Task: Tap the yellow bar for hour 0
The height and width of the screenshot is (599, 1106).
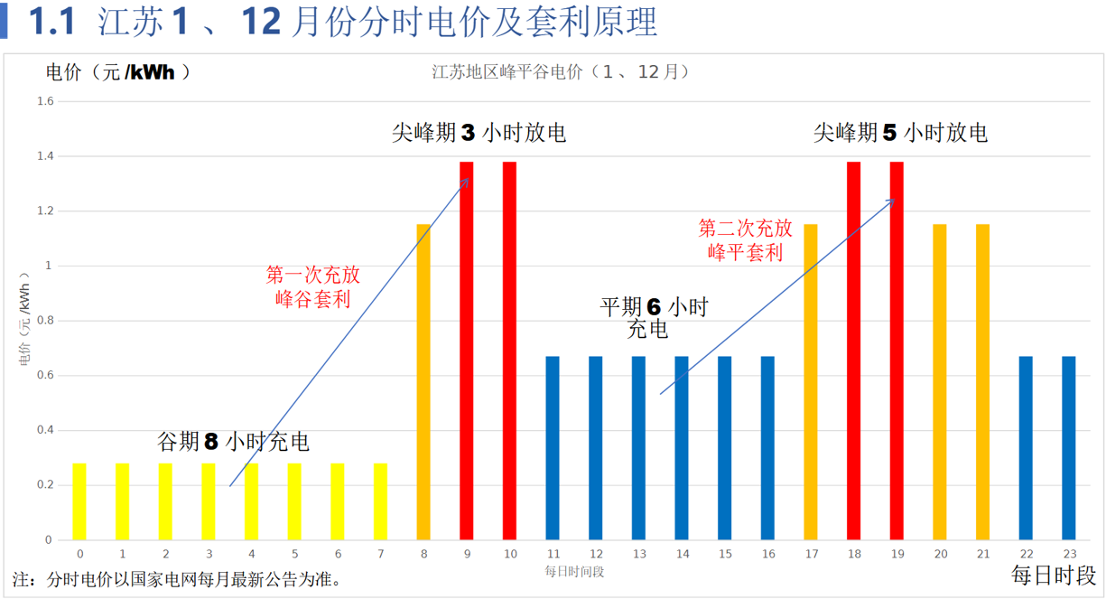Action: point(79,501)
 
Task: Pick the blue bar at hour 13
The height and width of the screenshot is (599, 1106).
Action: point(638,448)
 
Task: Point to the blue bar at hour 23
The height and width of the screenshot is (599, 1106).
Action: point(1069,448)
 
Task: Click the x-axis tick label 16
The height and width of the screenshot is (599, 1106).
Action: point(767,554)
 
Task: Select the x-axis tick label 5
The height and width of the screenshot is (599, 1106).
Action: point(294,554)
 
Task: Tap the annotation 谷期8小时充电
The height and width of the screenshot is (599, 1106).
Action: point(233,442)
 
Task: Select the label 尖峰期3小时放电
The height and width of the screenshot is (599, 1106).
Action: point(479,133)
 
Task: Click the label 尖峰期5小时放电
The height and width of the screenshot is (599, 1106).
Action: point(900,133)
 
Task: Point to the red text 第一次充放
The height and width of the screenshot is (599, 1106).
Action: point(312,275)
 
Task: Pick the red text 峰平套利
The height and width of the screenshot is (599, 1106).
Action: point(746,252)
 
